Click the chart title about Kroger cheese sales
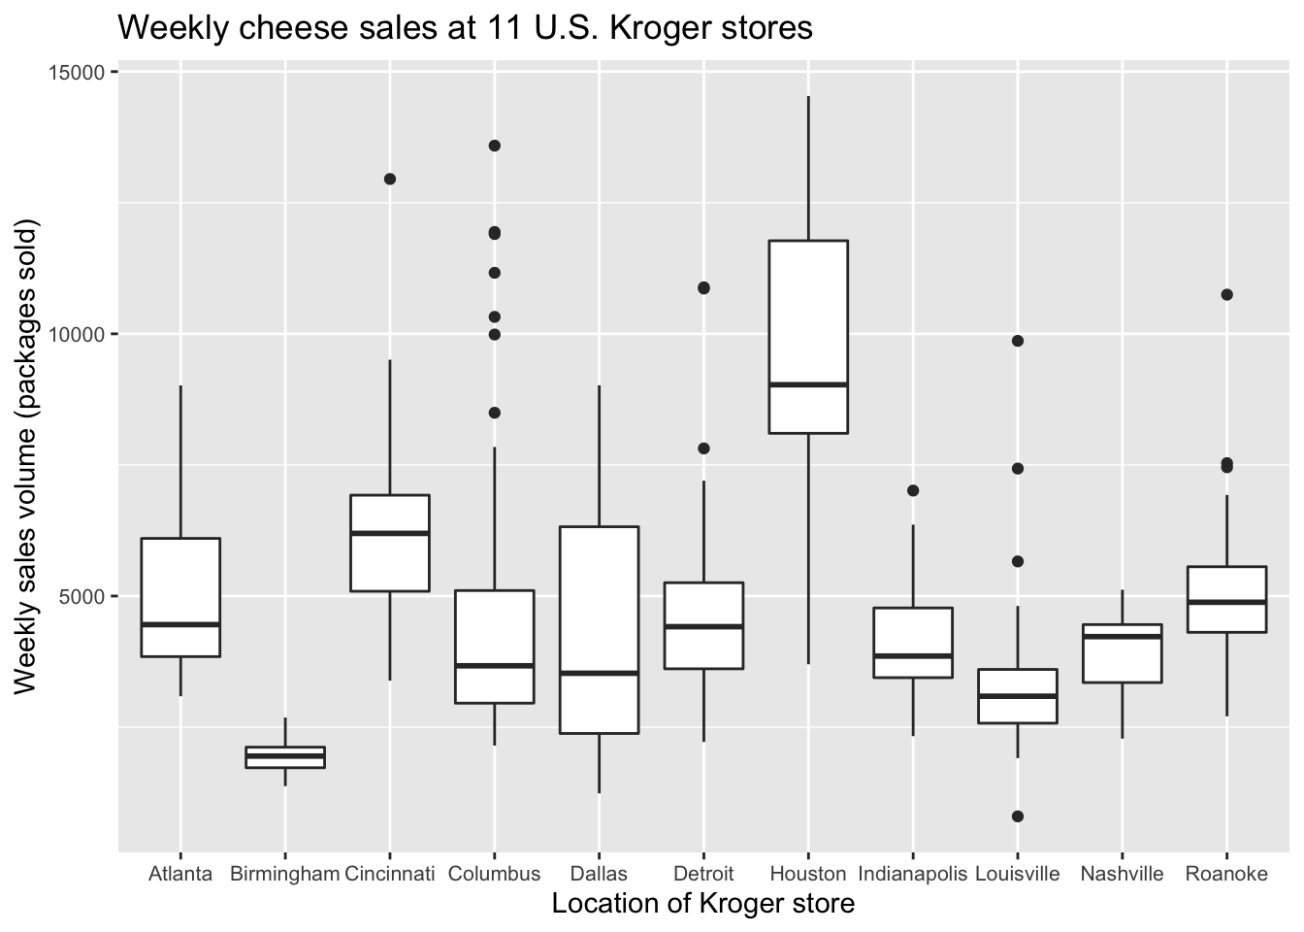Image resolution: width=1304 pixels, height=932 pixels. (465, 28)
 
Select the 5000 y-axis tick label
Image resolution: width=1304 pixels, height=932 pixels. (81, 595)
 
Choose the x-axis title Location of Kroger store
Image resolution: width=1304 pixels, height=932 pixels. (703, 904)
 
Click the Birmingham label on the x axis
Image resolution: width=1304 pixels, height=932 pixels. (285, 874)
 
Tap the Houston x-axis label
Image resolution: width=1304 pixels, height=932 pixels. (808, 874)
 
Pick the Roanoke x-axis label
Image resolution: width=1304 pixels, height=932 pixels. (1226, 874)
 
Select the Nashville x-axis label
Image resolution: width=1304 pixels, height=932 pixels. (1122, 874)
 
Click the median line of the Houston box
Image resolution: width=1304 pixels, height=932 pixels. (808, 385)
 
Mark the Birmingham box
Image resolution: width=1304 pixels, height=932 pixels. (285, 757)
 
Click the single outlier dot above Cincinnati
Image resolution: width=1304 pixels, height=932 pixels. (390, 179)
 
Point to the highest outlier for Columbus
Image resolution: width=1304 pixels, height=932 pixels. (494, 146)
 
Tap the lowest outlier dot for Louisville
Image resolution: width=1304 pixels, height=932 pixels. (1018, 816)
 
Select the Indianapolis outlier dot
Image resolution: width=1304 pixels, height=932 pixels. (913, 490)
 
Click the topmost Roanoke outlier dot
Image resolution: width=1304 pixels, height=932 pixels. (1226, 294)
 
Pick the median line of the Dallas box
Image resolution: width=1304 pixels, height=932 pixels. (599, 673)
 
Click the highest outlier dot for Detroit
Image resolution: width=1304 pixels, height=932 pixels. (703, 288)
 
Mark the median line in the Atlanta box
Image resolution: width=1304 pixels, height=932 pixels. (180, 624)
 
